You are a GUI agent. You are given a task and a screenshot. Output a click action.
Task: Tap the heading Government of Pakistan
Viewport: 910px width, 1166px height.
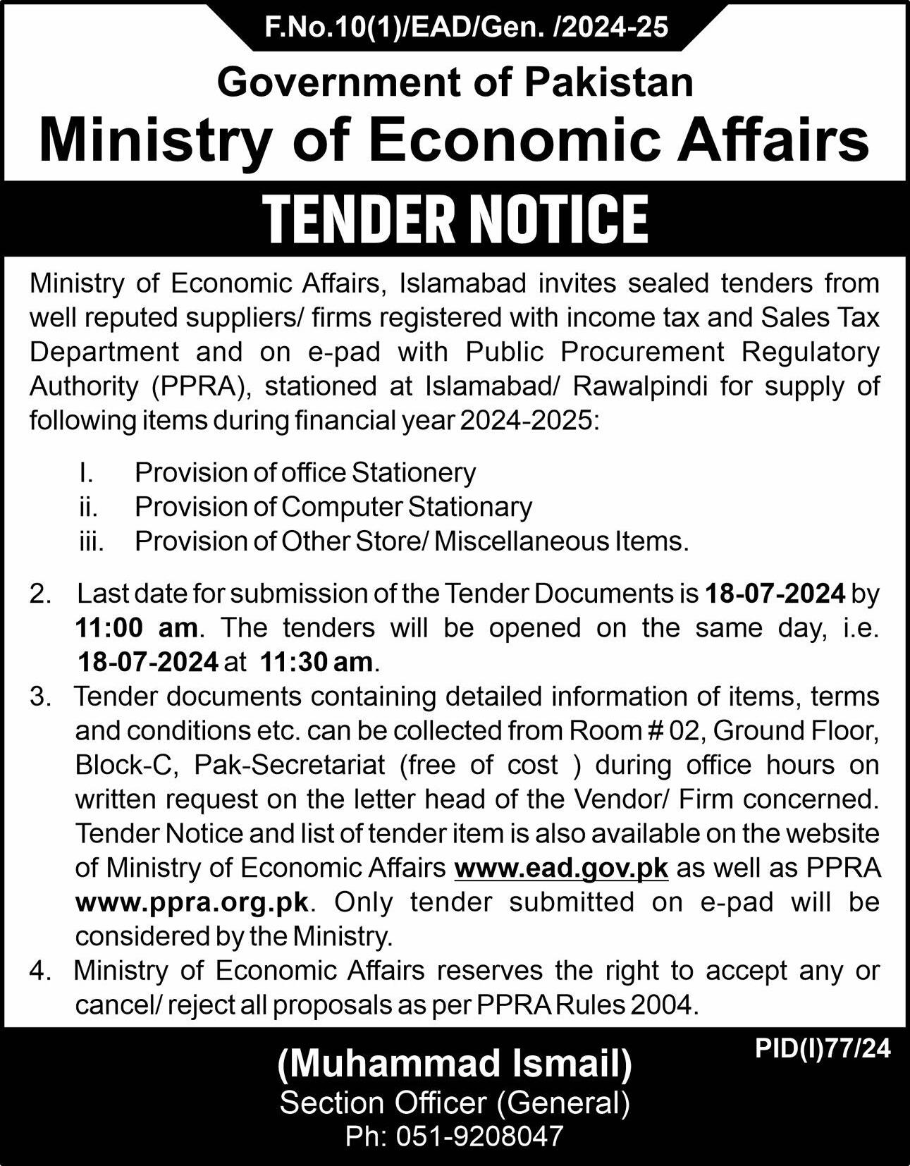pos(455,82)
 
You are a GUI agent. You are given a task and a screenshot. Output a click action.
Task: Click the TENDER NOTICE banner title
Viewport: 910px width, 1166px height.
pos(455,219)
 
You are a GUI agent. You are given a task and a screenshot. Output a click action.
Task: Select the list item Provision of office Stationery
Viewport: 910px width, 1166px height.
pos(305,472)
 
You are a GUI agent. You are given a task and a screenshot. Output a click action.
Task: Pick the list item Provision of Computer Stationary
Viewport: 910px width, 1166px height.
pos(333,506)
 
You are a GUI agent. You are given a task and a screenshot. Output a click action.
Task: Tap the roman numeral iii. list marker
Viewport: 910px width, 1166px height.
pos(92,541)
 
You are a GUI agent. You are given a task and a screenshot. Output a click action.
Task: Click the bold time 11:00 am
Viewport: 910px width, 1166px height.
pos(137,627)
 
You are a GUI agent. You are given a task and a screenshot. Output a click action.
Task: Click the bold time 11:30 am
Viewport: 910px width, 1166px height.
pos(316,662)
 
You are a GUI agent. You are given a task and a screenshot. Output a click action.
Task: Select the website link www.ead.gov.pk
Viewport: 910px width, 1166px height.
pos(561,868)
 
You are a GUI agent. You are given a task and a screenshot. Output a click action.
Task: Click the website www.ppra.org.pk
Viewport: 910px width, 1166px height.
pos(192,902)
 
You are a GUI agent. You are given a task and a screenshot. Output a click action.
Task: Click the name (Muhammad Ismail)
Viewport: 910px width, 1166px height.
pos(455,1064)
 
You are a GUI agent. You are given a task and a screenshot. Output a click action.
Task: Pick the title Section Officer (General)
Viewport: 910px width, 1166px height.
pos(455,1102)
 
